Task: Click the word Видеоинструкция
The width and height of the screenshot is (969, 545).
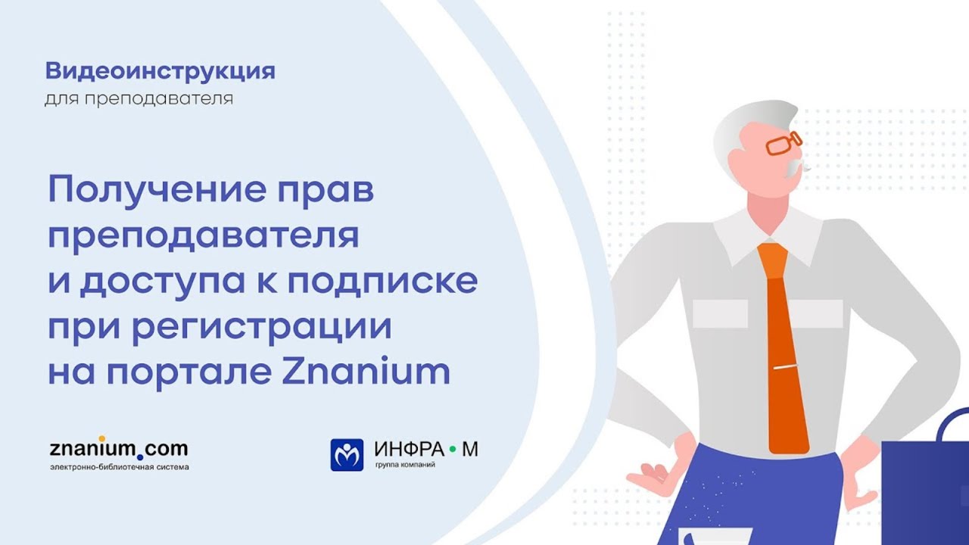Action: (x=160, y=72)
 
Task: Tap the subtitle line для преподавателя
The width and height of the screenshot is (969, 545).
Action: (x=139, y=99)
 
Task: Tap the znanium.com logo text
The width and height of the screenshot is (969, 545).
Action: (x=118, y=448)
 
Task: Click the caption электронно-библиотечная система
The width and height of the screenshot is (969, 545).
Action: (x=119, y=467)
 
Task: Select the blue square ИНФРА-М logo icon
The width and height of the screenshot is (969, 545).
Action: (x=347, y=455)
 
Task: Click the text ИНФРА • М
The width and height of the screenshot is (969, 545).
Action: (x=426, y=450)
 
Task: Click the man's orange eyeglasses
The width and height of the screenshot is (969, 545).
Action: (x=783, y=142)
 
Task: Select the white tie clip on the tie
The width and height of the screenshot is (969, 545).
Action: (x=785, y=369)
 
